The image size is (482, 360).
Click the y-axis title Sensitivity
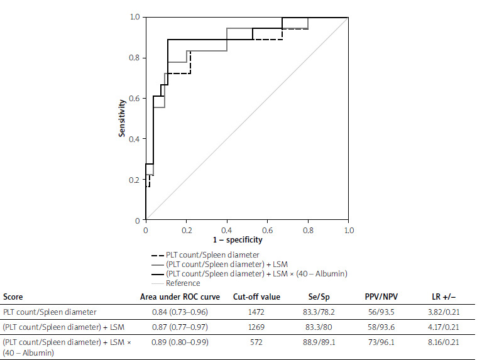point(123,118)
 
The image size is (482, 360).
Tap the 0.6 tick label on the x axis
point(268,230)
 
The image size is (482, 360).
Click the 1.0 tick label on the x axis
point(349,230)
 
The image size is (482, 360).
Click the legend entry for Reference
point(183,283)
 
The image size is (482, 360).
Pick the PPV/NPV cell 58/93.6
point(373,327)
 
